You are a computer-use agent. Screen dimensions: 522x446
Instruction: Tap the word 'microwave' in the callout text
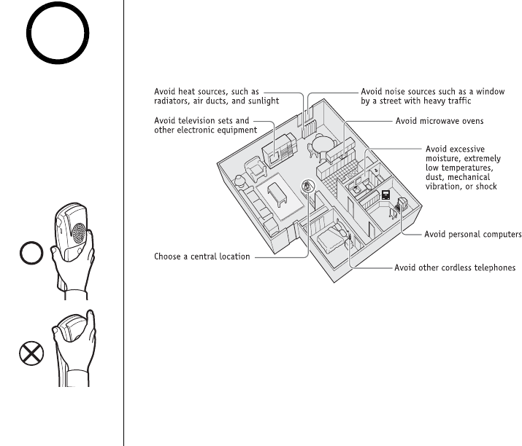(x=442, y=120)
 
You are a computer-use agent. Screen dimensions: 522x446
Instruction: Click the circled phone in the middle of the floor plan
(x=307, y=187)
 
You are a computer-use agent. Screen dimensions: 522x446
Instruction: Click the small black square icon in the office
(x=385, y=195)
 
